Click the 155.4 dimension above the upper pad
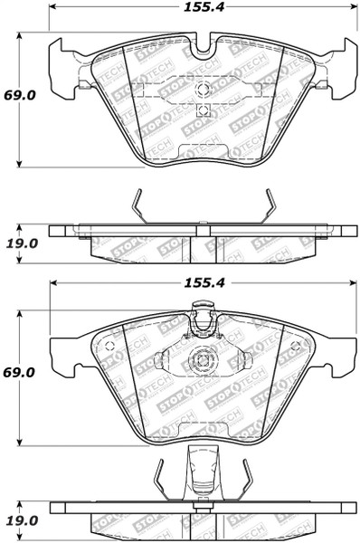coord(204,7)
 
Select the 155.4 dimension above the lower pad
coord(204,283)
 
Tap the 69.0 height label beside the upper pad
coord(20,95)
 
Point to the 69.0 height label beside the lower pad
coord(20,373)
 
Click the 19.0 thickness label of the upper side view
coord(22,243)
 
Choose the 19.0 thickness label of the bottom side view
coord(22,520)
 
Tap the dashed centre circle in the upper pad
coord(203,89)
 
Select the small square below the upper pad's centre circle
coord(203,110)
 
